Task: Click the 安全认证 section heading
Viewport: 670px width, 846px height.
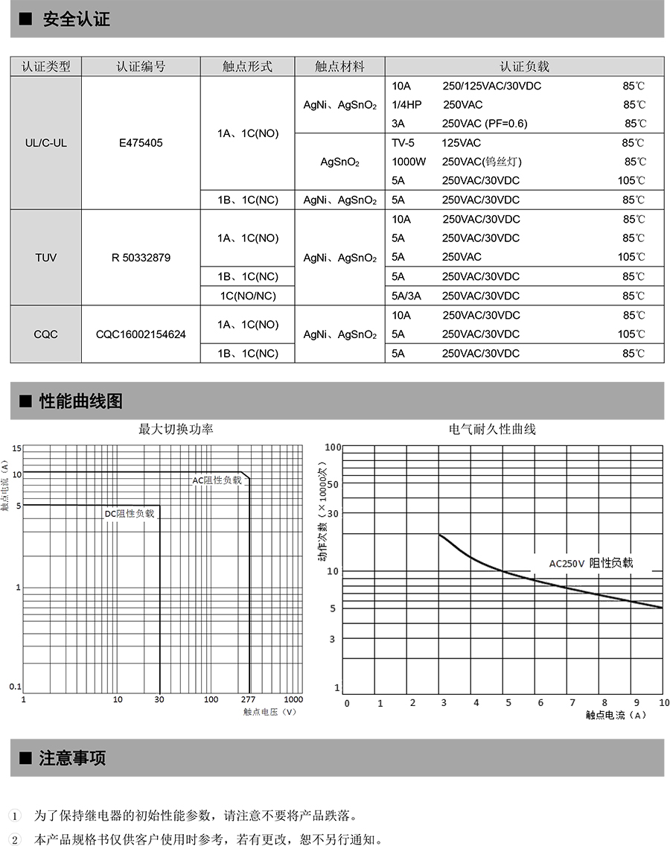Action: pyautogui.click(x=76, y=20)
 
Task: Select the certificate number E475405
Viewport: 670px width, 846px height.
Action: pyautogui.click(x=141, y=142)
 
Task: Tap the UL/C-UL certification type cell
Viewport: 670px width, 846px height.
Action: pyautogui.click(x=45, y=142)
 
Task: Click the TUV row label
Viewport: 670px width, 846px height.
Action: pyautogui.click(x=45, y=258)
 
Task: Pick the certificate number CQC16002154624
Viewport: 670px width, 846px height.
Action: pyautogui.click(x=141, y=334)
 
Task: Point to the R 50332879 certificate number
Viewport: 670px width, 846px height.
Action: pyautogui.click(x=141, y=258)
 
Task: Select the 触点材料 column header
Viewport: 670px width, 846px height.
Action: pyautogui.click(x=339, y=66)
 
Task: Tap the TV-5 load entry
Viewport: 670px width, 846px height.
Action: pyautogui.click(x=403, y=142)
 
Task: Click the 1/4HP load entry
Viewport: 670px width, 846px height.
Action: pyautogui.click(x=406, y=105)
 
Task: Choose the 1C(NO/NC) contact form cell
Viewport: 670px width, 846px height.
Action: pyautogui.click(x=248, y=296)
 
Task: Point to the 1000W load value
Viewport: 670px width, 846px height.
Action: pyautogui.click(x=409, y=162)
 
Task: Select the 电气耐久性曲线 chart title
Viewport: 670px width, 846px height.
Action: pyautogui.click(x=492, y=429)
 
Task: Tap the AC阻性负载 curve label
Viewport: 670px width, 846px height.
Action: pyautogui.click(x=217, y=480)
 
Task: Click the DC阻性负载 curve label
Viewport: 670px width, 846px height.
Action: pyautogui.click(x=129, y=513)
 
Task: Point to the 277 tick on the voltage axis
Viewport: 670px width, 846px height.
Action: pyautogui.click(x=248, y=700)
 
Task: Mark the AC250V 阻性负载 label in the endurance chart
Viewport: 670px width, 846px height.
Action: pyautogui.click(x=590, y=563)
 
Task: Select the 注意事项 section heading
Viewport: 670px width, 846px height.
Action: pyautogui.click(x=72, y=758)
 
